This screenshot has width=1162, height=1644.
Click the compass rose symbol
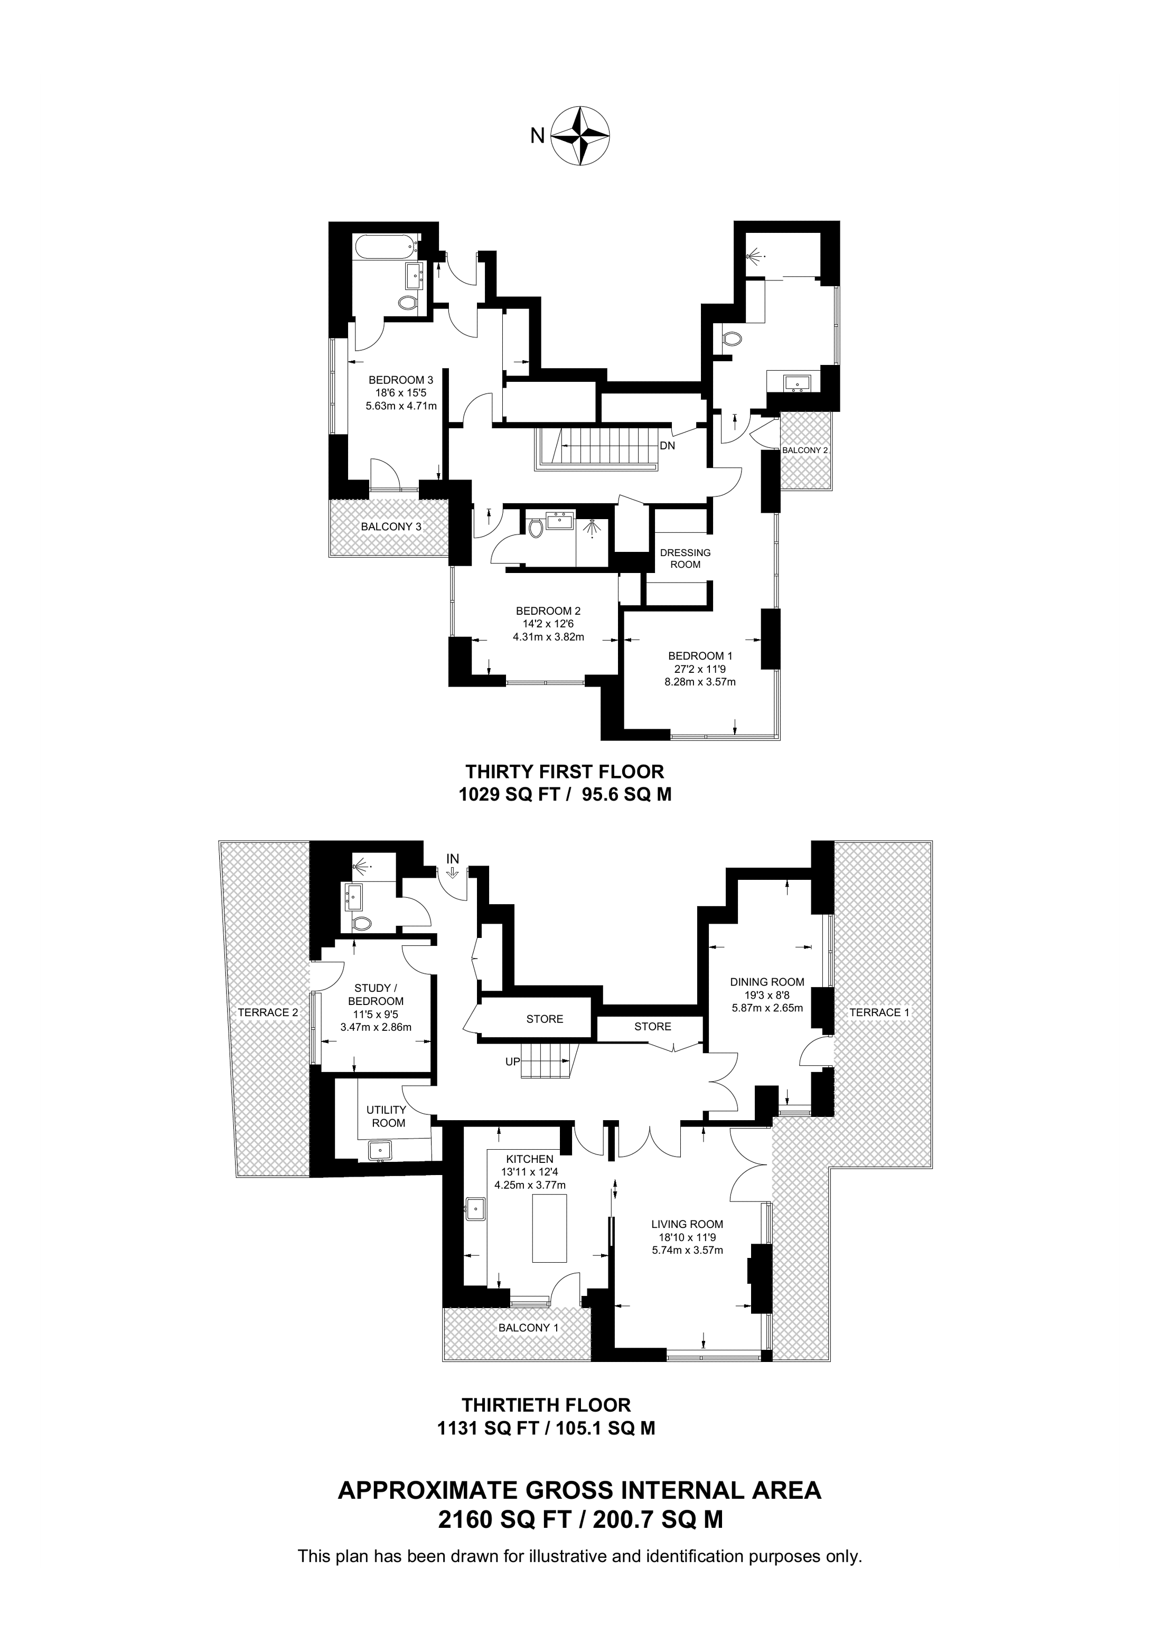point(580,136)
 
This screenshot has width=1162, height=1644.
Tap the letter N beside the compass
point(537,135)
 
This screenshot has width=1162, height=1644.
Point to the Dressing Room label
point(685,559)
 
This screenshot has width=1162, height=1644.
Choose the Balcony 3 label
point(391,527)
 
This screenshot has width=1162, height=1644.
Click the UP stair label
point(513,1062)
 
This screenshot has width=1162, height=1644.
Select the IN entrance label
point(453,859)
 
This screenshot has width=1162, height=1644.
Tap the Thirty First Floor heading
point(565,771)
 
